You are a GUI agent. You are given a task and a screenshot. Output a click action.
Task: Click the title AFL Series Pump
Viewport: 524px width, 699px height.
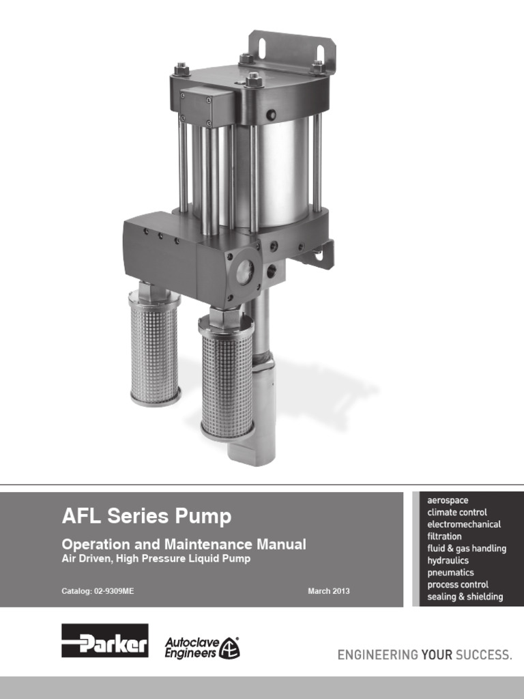(147, 517)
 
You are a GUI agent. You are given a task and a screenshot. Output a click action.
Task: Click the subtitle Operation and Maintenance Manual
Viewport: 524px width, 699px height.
(184, 545)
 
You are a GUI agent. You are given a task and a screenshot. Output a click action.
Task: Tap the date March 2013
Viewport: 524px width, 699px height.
(328, 591)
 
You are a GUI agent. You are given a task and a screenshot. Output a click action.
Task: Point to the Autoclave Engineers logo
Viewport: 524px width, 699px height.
(202, 647)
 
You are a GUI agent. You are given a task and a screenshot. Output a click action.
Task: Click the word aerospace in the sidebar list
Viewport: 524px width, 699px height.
(448, 500)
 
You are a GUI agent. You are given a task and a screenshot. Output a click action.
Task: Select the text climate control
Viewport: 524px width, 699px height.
(457, 513)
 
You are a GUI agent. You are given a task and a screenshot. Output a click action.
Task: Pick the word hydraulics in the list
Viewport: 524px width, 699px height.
(448, 560)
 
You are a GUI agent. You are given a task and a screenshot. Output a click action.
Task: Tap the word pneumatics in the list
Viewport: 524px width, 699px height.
(450, 573)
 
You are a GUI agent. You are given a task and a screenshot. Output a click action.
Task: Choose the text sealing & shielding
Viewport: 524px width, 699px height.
(465, 597)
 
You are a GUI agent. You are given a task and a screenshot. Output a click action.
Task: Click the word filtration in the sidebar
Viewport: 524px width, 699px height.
(444, 537)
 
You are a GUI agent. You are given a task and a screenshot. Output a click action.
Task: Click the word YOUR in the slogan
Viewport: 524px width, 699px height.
(437, 655)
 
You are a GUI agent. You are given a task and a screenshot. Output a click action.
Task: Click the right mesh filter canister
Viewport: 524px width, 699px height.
(227, 375)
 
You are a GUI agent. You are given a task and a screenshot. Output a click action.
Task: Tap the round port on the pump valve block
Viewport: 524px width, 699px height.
(244, 270)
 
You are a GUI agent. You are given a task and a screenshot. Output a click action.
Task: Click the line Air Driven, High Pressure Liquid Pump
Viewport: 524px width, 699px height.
(156, 558)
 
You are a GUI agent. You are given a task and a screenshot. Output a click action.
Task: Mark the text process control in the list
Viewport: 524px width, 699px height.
(458, 584)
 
